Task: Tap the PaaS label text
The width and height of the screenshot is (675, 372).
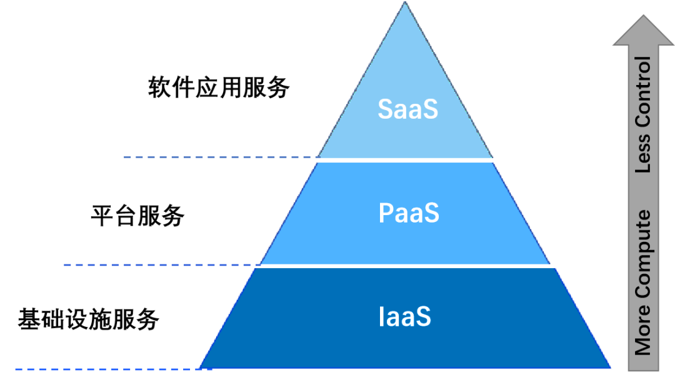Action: click(x=409, y=213)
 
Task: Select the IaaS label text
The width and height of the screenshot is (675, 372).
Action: click(x=405, y=317)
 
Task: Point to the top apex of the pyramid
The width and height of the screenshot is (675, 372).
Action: click(x=405, y=3)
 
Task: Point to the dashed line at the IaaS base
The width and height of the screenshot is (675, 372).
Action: click(x=106, y=369)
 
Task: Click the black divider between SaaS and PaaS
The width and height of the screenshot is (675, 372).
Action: click(x=405, y=160)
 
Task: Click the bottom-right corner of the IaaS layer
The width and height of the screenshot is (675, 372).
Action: click(x=609, y=368)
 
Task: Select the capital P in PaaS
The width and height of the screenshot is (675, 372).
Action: click(x=386, y=213)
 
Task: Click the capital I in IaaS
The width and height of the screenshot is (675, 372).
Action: click(x=382, y=317)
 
